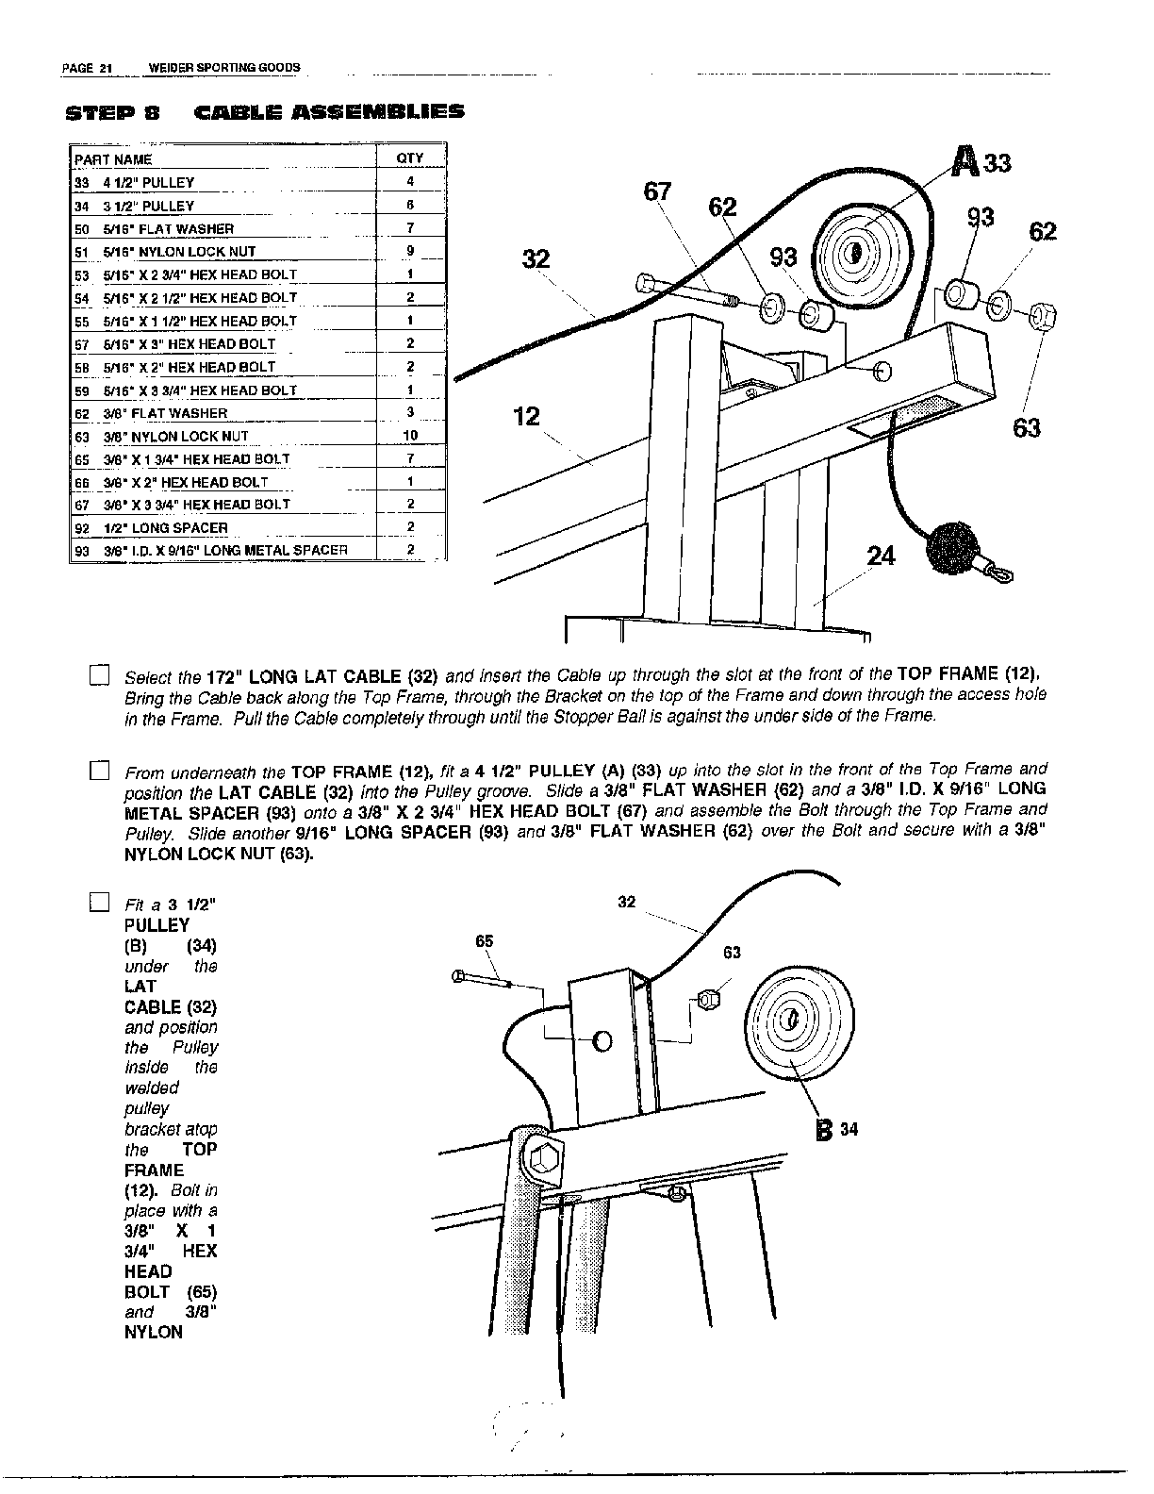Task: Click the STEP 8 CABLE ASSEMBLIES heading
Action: pos(265,113)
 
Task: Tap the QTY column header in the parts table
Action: pos(410,158)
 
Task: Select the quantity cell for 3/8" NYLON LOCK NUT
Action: pos(410,436)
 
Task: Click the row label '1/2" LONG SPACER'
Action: pos(165,527)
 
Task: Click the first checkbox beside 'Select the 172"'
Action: pos(99,675)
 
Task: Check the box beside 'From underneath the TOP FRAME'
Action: pos(99,771)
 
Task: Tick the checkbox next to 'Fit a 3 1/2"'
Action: pos(99,904)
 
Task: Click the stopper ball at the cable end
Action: pos(953,547)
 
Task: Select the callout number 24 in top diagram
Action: pos(881,556)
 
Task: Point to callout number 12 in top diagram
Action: pos(526,416)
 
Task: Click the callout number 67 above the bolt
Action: pos(656,191)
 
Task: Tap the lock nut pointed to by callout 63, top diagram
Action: pos(1042,314)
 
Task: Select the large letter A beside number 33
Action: pos(964,161)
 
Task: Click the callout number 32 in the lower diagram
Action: pos(626,902)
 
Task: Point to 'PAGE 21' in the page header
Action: pos(87,68)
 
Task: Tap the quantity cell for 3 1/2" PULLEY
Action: pos(410,205)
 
